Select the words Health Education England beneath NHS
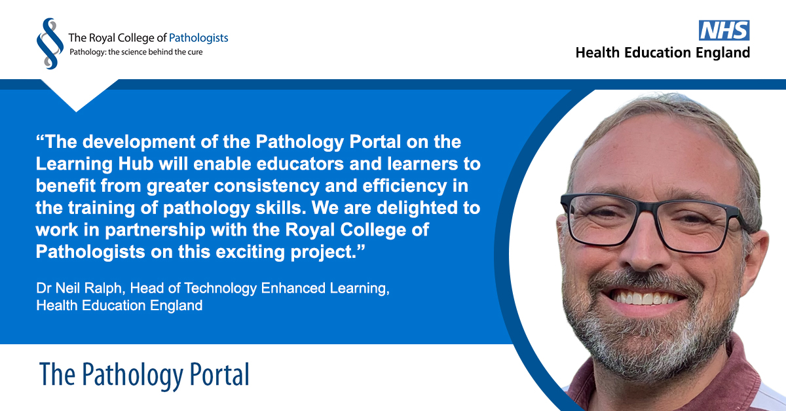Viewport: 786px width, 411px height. click(x=662, y=53)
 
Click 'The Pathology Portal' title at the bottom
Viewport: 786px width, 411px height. click(x=144, y=374)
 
